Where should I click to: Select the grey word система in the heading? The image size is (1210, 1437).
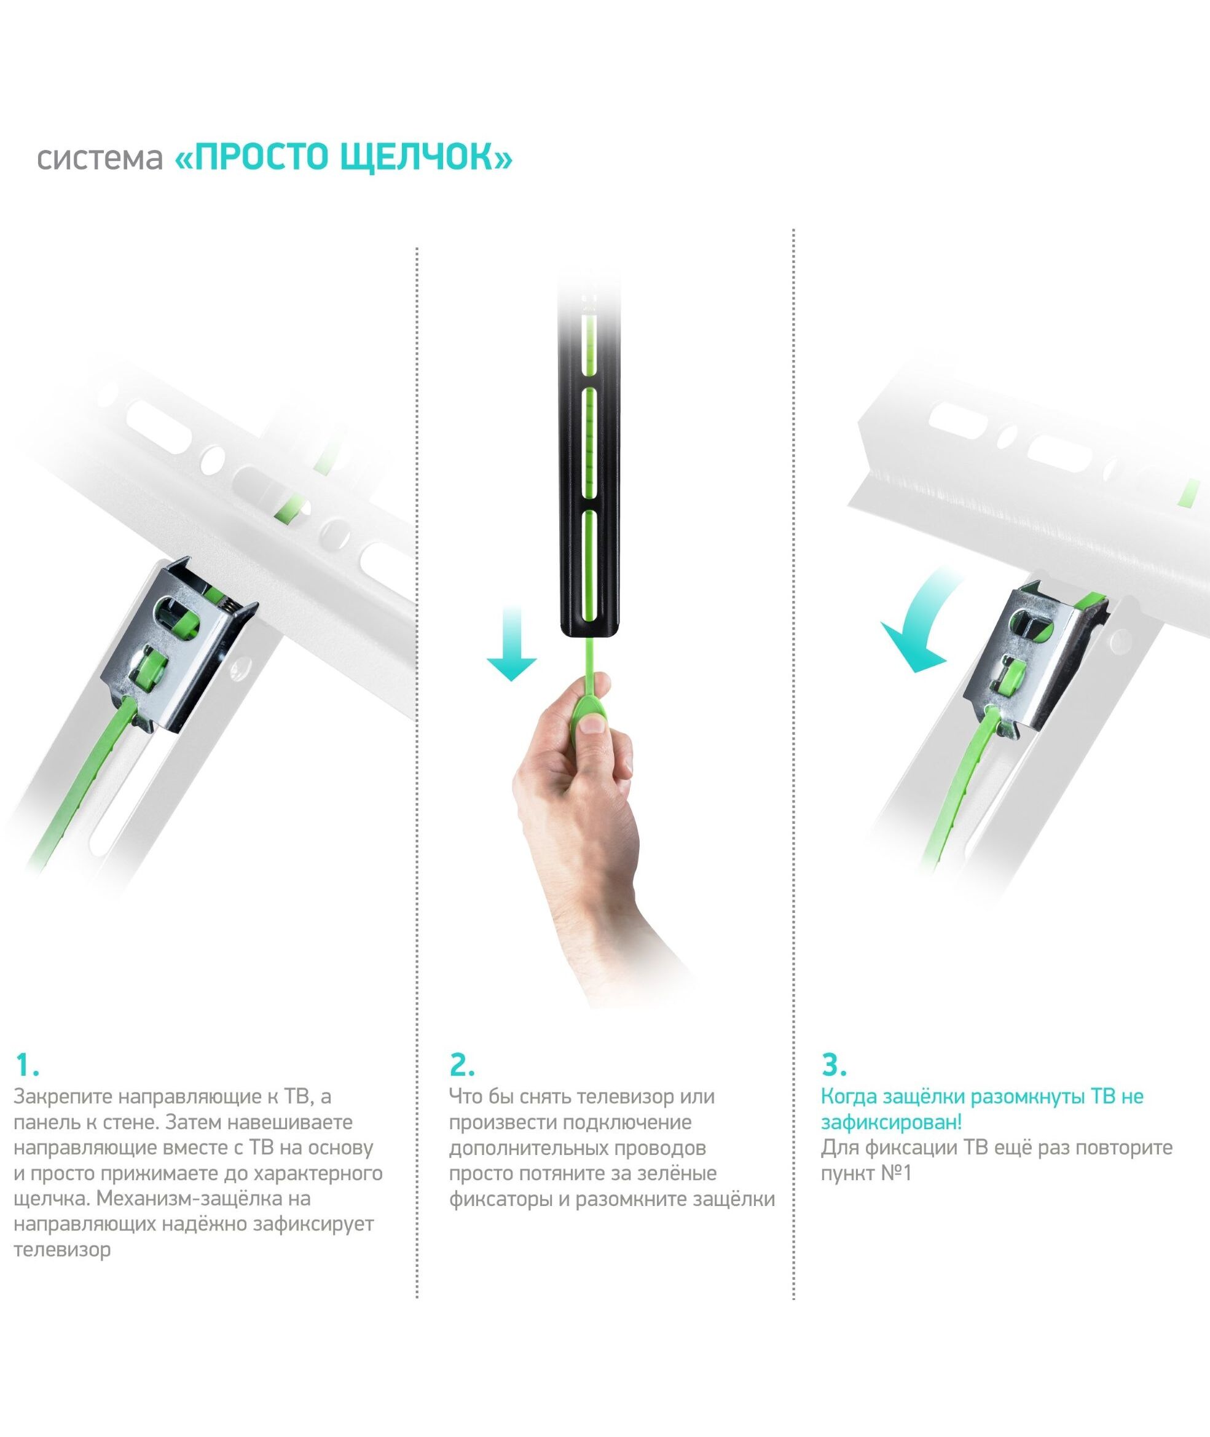100,159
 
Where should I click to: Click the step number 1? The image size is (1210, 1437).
27,1065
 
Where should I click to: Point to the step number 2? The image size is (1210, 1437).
462,1065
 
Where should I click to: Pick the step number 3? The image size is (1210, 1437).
833,1065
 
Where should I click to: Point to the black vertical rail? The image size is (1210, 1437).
591,466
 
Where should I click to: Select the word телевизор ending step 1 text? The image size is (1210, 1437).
61,1249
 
